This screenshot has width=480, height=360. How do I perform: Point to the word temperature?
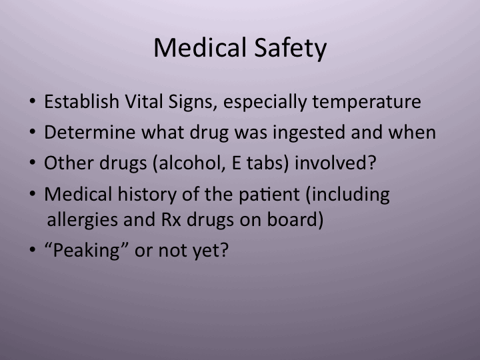365,103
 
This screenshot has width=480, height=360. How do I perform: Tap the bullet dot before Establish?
33,103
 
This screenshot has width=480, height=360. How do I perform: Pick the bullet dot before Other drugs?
33,163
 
